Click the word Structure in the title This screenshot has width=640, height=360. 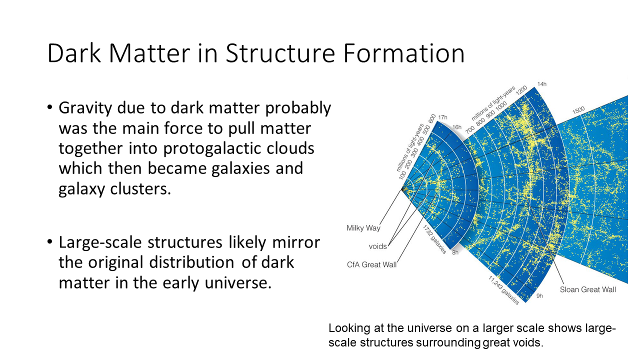[280, 53]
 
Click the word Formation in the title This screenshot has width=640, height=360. [403, 53]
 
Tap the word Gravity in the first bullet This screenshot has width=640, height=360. [85, 108]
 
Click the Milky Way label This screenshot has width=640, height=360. [363, 228]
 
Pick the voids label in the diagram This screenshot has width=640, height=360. [377, 246]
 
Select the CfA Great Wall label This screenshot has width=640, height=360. [371, 264]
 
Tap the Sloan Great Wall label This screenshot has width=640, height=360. [587, 289]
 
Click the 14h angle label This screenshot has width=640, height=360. [542, 84]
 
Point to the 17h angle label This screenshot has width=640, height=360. [443, 117]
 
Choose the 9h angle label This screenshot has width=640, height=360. [539, 295]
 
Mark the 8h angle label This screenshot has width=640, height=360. [455, 252]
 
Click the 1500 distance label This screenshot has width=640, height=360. [578, 110]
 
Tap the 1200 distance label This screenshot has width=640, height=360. [521, 90]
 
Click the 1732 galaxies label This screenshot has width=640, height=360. [434, 239]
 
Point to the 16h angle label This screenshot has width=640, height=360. [457, 127]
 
